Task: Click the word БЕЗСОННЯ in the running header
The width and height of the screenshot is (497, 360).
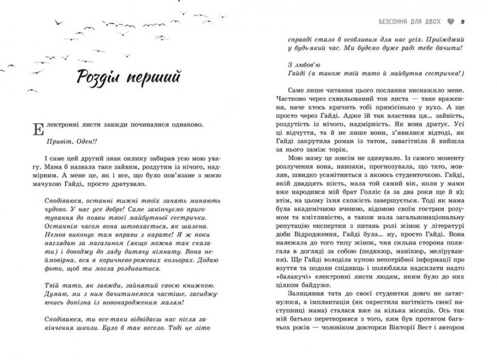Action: click(x=393, y=22)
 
